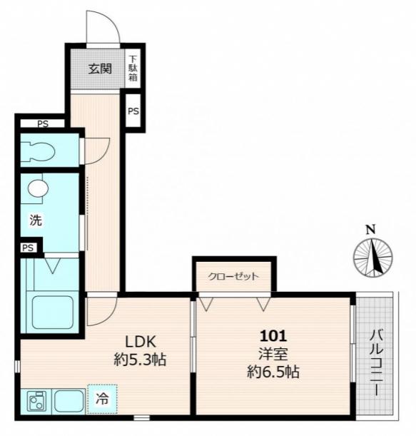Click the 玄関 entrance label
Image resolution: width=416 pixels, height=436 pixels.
coord(100,69)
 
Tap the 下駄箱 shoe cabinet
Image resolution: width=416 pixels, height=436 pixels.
coord(133,69)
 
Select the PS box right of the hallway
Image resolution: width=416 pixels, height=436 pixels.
coord(133,111)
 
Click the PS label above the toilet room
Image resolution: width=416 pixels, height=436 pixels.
coord(43,123)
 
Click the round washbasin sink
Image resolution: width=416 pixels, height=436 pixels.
coord(38,188)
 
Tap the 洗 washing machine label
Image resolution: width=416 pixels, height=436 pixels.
coord(36,220)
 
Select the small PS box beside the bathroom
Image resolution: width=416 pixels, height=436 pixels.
coord(28,248)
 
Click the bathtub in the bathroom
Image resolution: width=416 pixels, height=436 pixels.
coord(52,312)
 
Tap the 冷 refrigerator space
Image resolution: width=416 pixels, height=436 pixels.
coord(102,399)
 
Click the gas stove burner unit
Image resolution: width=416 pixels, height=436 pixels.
coord(36,401)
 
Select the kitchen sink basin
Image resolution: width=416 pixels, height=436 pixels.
coord(69,401)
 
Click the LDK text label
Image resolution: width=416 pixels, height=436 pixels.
coord(141,342)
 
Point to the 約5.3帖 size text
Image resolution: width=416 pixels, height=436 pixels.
coord(140,360)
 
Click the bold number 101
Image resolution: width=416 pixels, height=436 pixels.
coord(273,336)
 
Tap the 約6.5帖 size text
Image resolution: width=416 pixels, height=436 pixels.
coord(273,372)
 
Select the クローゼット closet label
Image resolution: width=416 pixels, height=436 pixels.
coord(233,276)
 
